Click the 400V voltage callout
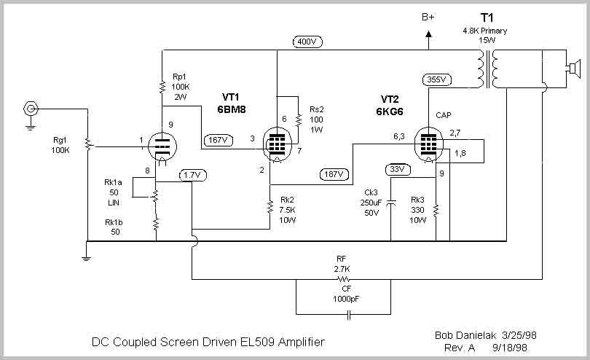click(x=307, y=42)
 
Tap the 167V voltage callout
click(x=219, y=140)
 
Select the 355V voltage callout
click(x=436, y=79)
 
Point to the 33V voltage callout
click(x=398, y=170)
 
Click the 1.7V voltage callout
click(x=192, y=175)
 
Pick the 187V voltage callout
click(x=334, y=174)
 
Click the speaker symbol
click(x=572, y=69)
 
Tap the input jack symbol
click(x=31, y=109)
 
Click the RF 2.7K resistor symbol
click(x=343, y=279)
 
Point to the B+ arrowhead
click(x=428, y=34)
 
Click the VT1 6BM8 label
click(x=231, y=103)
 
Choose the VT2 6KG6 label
click(x=390, y=106)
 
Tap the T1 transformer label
click(x=487, y=17)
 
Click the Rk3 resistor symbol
click(x=436, y=210)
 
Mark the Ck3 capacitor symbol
click(x=391, y=203)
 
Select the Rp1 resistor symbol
click(x=162, y=87)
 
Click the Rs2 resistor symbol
click(x=299, y=120)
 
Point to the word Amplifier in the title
click(x=301, y=342)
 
